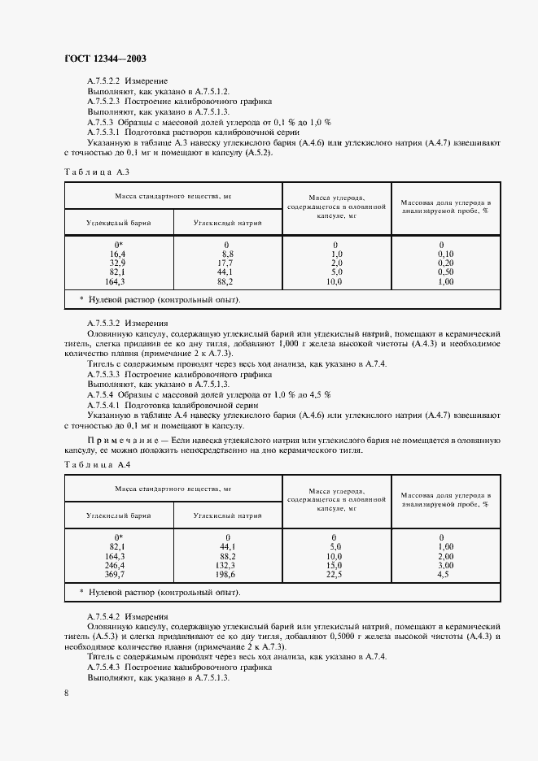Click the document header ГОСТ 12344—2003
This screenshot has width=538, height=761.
coord(104,59)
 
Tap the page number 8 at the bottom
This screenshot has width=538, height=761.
coord(66,692)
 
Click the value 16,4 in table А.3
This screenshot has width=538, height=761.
coord(119,254)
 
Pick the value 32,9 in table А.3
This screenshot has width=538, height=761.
coord(119,263)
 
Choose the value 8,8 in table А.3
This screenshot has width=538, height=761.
coord(227,254)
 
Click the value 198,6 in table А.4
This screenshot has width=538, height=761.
coord(225,574)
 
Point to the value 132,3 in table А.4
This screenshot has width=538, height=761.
coord(225,564)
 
